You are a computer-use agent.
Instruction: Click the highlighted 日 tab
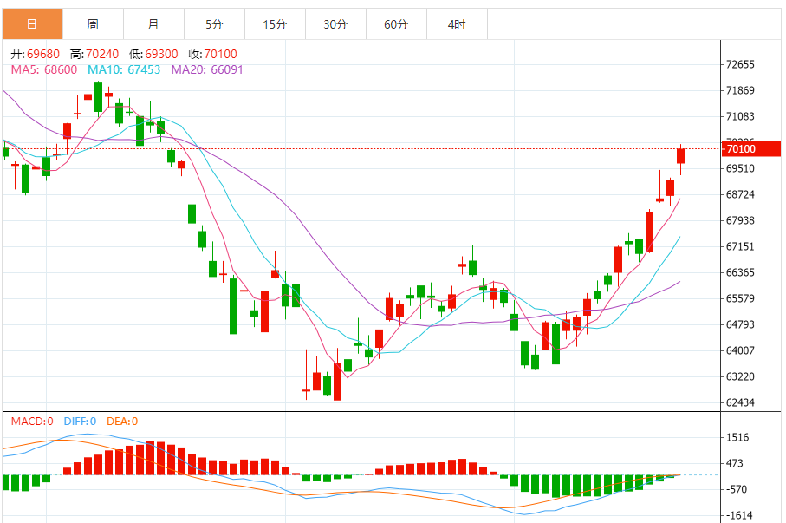(32, 24)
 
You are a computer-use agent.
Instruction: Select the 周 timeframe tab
(93, 24)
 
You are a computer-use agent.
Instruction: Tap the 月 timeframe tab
(153, 24)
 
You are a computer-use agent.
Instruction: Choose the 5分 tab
(214, 24)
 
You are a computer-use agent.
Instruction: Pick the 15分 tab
(275, 24)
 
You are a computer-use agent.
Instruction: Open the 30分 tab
(335, 24)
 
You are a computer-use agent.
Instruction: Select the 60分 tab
(396, 24)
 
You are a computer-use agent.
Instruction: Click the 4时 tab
(457, 24)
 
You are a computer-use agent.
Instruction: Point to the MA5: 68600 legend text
(43, 69)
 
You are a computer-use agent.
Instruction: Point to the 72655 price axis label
(741, 64)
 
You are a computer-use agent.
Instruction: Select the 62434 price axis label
(741, 402)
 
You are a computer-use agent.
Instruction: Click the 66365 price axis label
(741, 272)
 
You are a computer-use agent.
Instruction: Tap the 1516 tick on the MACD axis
(738, 437)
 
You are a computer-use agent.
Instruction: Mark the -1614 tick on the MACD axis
(738, 515)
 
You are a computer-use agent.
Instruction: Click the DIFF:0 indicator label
(79, 422)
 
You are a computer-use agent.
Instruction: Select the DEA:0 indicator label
(122, 422)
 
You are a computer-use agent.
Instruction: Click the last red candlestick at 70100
(681, 156)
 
